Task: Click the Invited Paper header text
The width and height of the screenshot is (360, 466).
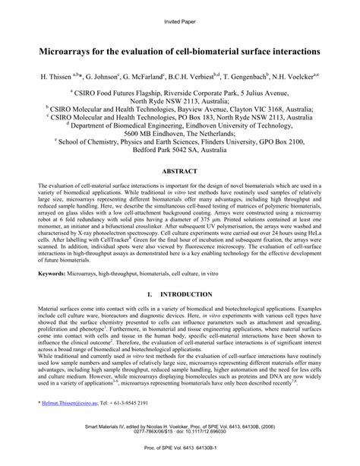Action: [179, 21]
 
